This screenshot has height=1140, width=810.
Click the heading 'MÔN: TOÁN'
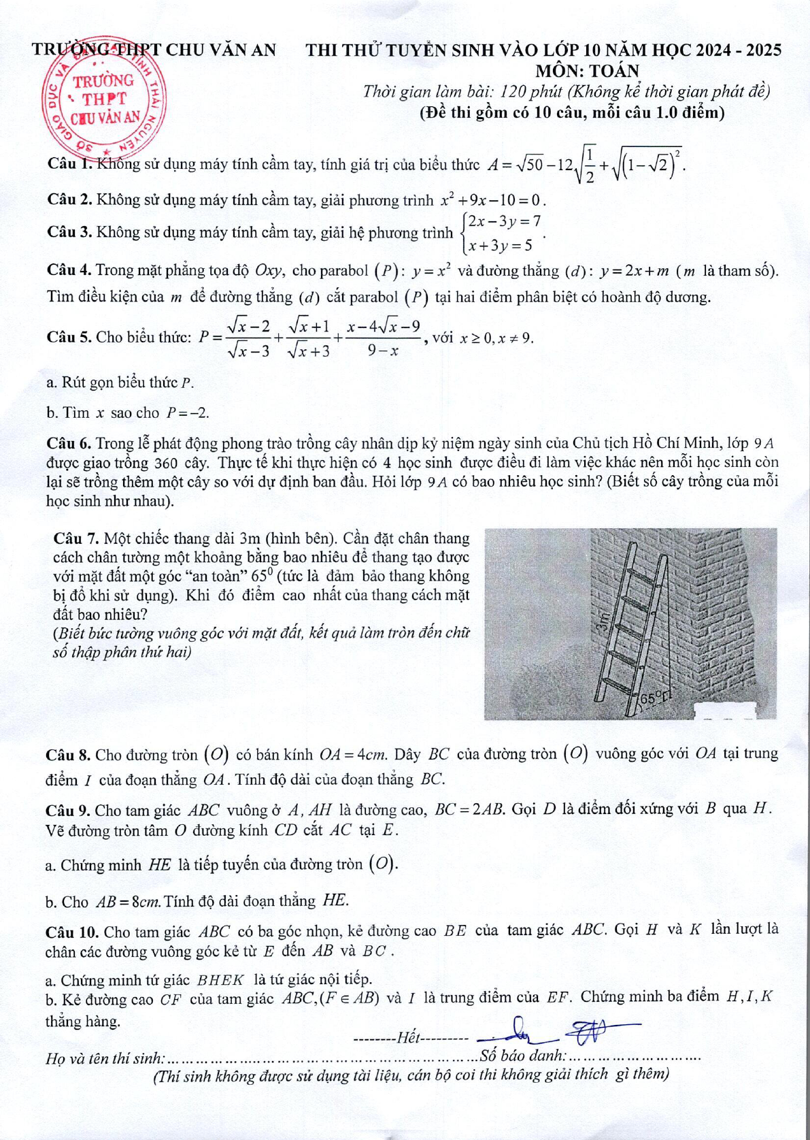[x=587, y=71]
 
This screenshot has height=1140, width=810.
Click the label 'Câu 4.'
[x=69, y=270]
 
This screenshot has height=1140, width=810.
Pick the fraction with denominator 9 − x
[x=384, y=338]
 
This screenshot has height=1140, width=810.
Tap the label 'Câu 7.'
[x=76, y=538]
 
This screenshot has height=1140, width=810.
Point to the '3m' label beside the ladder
[x=601, y=620]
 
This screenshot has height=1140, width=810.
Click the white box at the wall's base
[x=726, y=709]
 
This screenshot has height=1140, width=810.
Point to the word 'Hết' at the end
[x=409, y=1038]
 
